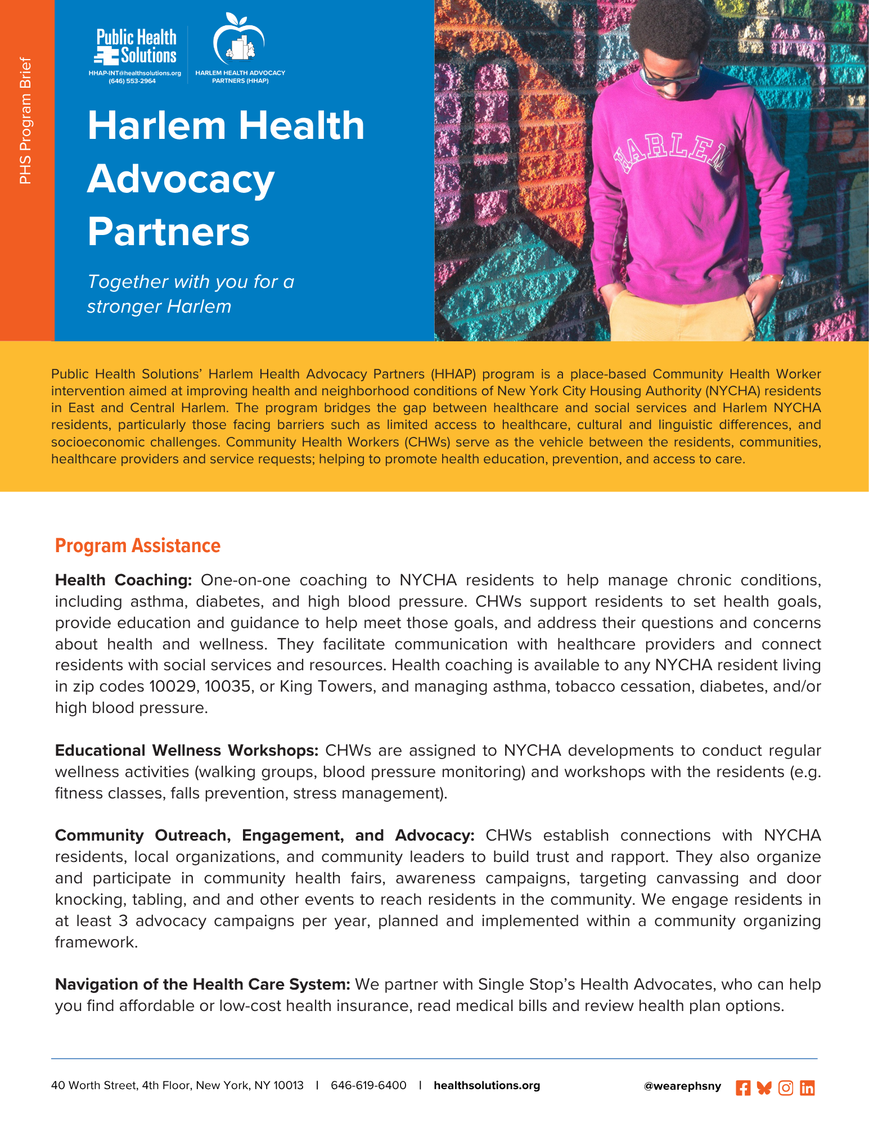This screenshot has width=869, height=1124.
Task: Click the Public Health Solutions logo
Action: coord(136,47)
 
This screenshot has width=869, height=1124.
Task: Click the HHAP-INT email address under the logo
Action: coord(134,73)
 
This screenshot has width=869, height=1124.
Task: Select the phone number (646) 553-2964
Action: coord(132,81)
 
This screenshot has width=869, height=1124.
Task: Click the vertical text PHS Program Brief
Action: coord(25,120)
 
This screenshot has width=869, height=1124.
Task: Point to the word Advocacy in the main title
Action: coord(181,179)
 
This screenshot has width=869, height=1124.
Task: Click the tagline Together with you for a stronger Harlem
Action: coord(191,294)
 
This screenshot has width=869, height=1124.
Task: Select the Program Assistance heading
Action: coord(138,545)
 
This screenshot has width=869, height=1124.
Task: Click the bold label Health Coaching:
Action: coord(124,580)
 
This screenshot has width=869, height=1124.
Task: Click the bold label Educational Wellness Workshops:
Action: coord(187,751)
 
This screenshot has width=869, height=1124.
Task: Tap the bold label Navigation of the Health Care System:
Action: coord(202,985)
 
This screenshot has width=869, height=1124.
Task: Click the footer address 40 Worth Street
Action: coord(177,1085)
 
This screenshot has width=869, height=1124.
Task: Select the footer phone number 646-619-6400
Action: coord(368,1085)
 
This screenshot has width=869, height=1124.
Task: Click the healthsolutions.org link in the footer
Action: coord(487,1085)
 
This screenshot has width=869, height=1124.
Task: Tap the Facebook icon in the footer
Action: coord(742,1088)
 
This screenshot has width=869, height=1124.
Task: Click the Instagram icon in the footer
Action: coord(786,1088)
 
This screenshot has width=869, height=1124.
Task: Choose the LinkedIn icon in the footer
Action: coord(807,1088)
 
